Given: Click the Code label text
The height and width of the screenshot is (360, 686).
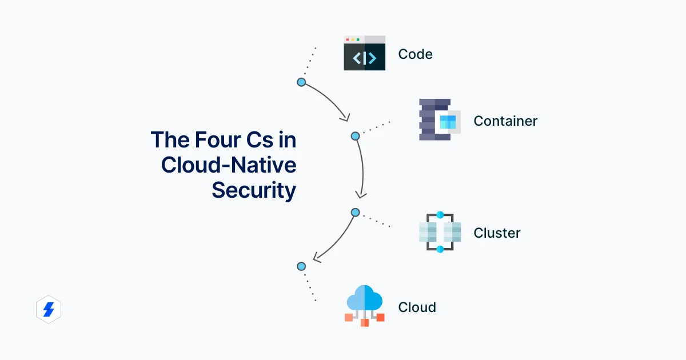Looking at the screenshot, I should [x=415, y=54].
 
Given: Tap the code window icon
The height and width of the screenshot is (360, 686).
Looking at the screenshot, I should [x=364, y=53].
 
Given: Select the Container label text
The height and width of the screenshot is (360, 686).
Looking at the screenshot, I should [x=505, y=121].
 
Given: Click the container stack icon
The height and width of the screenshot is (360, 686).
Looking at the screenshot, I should [x=439, y=120].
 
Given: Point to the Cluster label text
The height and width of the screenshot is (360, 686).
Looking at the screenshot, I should [x=497, y=233].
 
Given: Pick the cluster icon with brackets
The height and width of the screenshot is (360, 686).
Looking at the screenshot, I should [x=440, y=233].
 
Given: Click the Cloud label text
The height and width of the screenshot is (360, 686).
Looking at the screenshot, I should [x=417, y=307].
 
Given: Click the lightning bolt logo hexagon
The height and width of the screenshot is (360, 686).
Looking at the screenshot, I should [x=48, y=310].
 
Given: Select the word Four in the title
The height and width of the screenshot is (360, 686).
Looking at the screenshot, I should [x=221, y=140].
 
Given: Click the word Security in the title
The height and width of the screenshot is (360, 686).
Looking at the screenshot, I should [x=254, y=190].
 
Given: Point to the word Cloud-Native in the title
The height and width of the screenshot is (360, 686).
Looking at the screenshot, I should [x=229, y=165].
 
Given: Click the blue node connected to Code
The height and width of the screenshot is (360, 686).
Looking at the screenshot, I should [x=301, y=82].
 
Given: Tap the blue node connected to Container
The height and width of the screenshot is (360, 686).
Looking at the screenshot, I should [x=355, y=136].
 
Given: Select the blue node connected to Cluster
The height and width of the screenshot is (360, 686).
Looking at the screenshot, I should [x=355, y=213].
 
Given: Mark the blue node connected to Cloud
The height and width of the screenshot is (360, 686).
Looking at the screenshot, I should [x=301, y=266].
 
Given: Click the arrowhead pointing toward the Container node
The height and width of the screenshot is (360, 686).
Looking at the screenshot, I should [x=345, y=117].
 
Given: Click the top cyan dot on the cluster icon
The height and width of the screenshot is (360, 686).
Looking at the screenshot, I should [x=440, y=215].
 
